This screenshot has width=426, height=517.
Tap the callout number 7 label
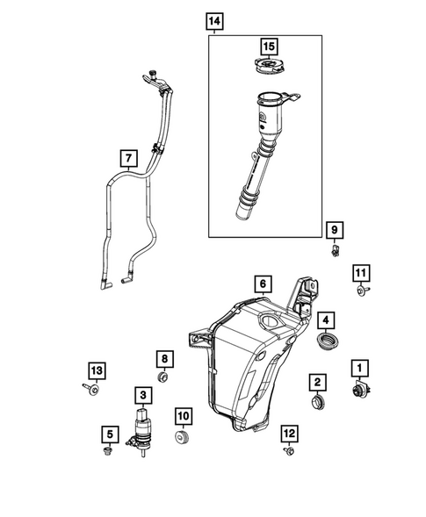[x=129, y=159]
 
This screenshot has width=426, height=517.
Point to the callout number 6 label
[x=262, y=284]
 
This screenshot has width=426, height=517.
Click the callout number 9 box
[x=335, y=230]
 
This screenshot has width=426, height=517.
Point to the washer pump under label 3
[x=141, y=427]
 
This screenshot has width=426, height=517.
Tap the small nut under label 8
[x=163, y=378]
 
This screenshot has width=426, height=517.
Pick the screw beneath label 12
[x=288, y=451]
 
